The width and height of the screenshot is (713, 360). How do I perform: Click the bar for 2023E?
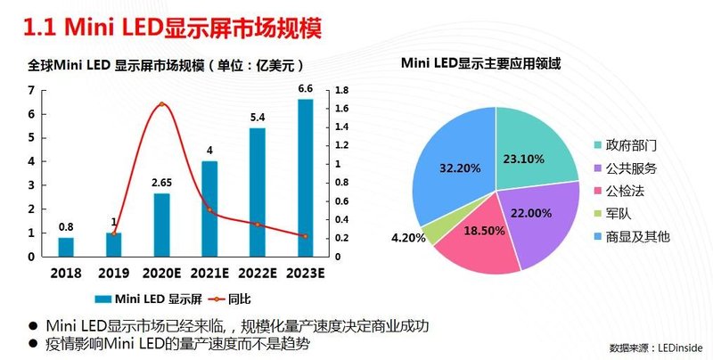coord(305,178)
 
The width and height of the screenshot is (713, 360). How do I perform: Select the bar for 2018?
coord(66,247)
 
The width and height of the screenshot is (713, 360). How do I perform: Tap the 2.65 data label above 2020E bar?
coord(161,183)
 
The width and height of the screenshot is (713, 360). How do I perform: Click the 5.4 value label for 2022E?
coord(257,117)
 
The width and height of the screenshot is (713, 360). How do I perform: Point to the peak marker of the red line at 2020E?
coord(161,104)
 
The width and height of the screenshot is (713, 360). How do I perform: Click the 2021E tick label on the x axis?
coord(209,272)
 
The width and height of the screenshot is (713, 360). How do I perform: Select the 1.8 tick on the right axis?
coord(341,90)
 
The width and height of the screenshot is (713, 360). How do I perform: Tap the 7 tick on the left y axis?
coord(32,90)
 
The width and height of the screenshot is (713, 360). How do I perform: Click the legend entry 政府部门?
coord(625,145)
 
